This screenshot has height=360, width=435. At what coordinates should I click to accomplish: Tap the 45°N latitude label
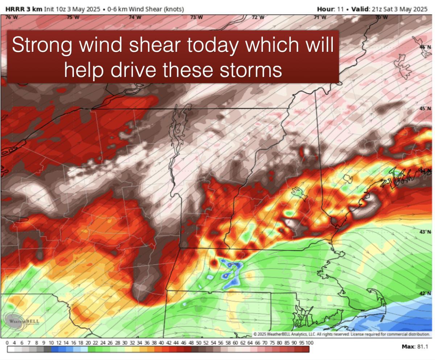click(425, 109)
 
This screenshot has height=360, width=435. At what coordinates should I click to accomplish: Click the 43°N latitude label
click(425, 232)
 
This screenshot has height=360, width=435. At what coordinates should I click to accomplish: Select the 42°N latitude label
click(425, 293)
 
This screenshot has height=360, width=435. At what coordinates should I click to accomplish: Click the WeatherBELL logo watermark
click(22, 321)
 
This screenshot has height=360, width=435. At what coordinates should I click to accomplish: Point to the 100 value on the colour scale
click(309, 343)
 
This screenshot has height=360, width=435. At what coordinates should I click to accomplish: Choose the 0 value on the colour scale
click(7, 343)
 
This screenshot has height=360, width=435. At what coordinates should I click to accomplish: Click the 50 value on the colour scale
click(198, 343)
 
